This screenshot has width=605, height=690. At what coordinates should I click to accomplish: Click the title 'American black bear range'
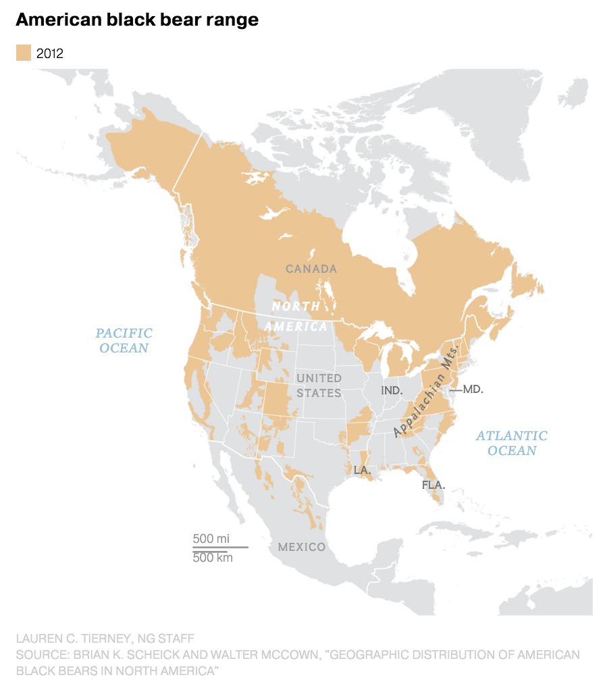click(x=137, y=20)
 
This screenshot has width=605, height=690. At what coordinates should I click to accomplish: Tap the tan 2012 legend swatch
click(x=24, y=53)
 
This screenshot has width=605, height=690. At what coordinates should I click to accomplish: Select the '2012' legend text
click(x=50, y=53)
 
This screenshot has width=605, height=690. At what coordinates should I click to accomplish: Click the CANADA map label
click(x=311, y=269)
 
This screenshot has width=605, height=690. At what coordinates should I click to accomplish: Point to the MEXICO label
click(x=302, y=547)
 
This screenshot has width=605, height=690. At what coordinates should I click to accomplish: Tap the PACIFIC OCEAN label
click(x=124, y=340)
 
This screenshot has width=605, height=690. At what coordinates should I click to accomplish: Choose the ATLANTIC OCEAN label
click(x=511, y=443)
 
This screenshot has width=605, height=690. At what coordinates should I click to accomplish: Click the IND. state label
click(x=392, y=390)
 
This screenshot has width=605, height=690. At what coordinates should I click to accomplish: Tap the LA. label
click(x=362, y=469)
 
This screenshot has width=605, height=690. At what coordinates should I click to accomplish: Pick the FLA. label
click(x=432, y=484)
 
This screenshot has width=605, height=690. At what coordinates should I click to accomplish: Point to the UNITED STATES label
click(x=319, y=385)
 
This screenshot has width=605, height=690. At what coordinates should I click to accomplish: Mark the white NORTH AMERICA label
click(x=296, y=316)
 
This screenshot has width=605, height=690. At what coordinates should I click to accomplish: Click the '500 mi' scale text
click(x=211, y=538)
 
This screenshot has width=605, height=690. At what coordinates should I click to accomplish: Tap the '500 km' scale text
click(x=213, y=558)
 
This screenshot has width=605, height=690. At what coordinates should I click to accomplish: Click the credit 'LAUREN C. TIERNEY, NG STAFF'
click(x=105, y=638)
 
